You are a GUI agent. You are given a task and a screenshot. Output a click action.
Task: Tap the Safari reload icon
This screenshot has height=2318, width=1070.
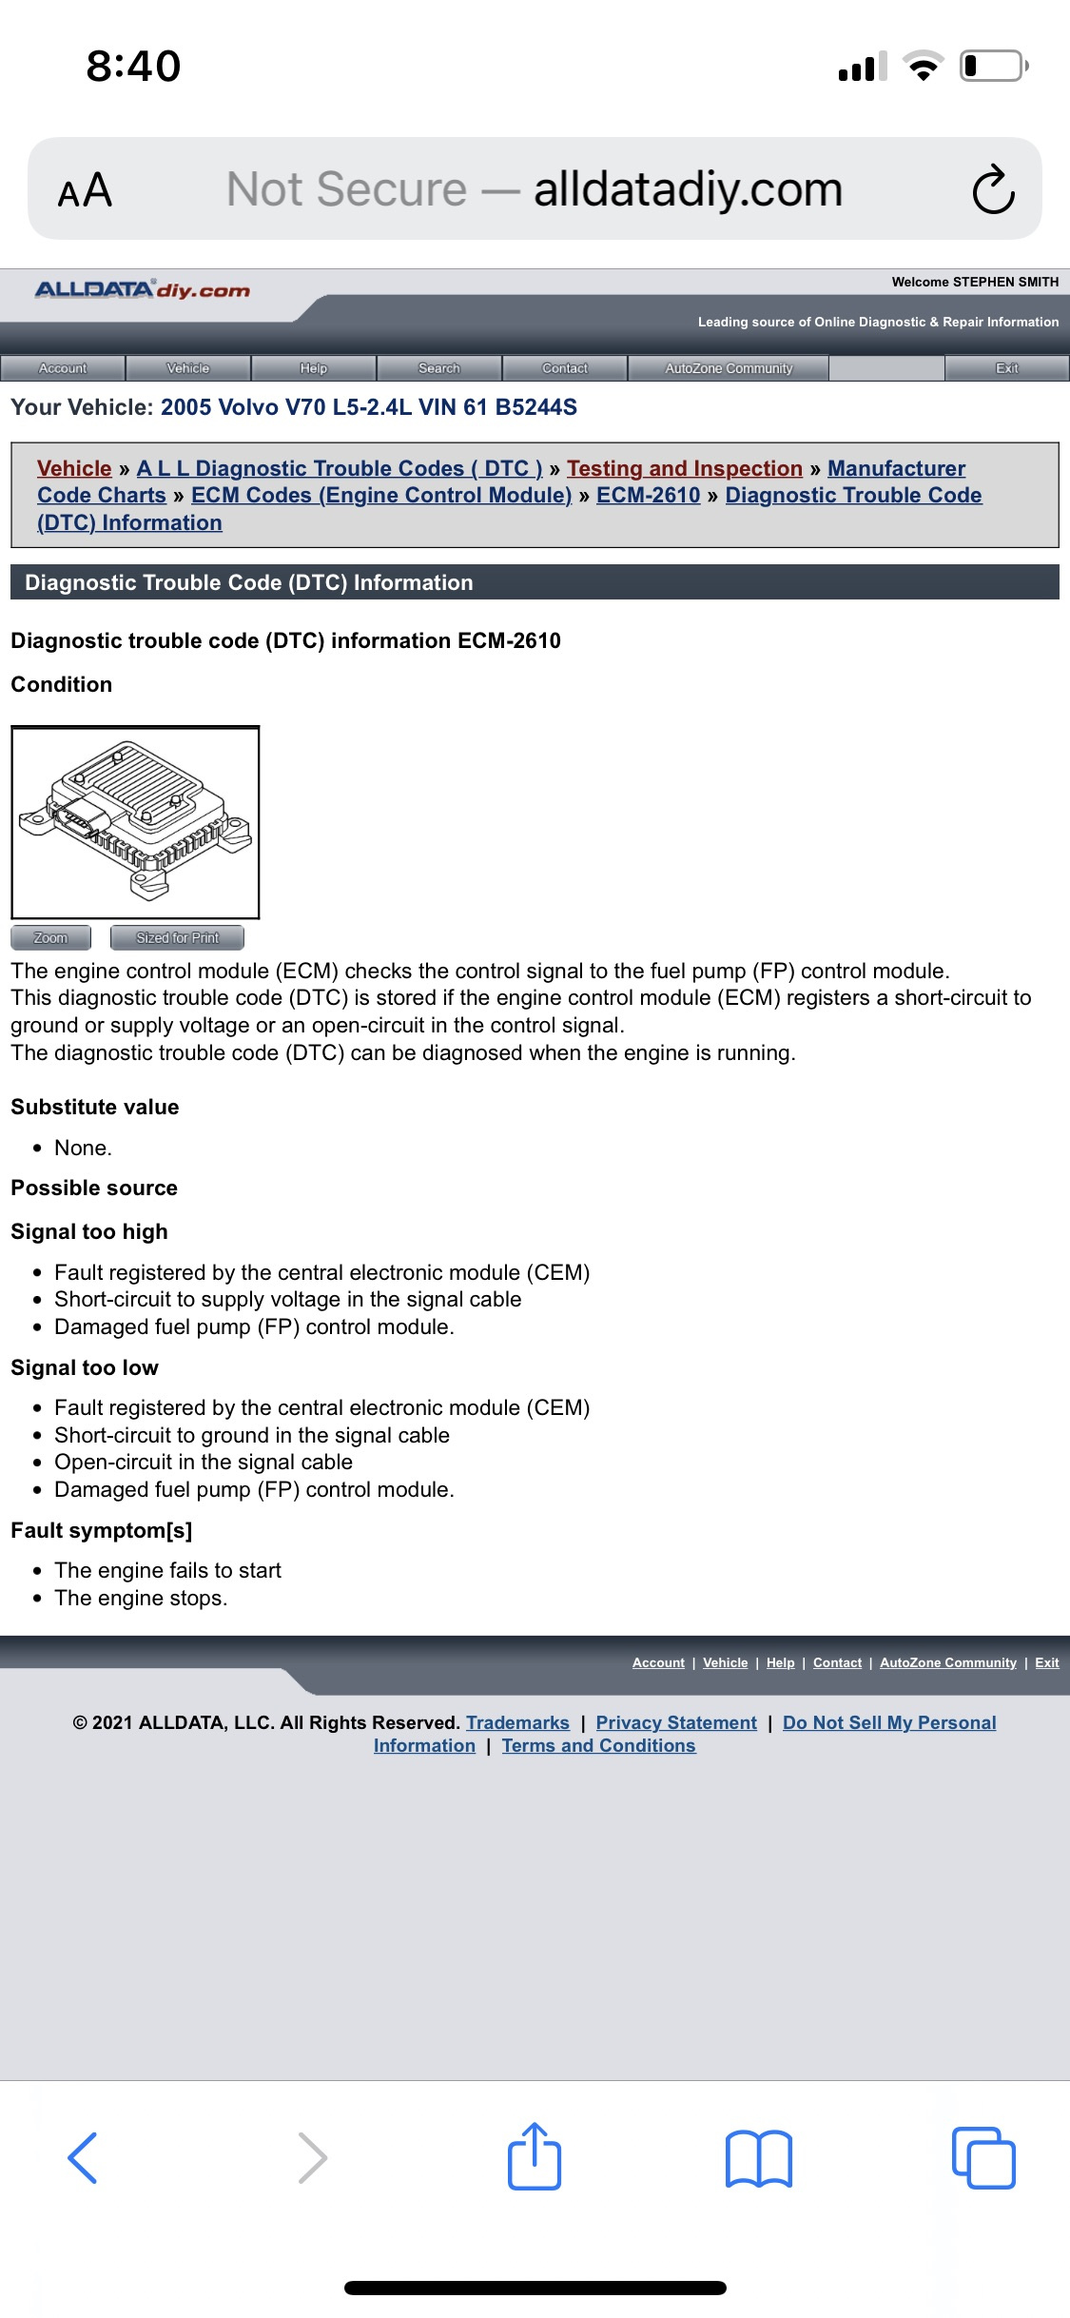click(993, 189)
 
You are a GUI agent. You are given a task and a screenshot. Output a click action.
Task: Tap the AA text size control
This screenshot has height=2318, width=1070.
click(85, 190)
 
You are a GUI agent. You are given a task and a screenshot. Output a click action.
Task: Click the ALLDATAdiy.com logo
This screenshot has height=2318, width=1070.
click(143, 290)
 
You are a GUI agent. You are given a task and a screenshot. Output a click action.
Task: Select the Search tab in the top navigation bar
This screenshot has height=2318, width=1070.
click(438, 368)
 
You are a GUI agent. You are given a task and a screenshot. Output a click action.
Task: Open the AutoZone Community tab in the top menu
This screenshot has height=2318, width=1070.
click(729, 368)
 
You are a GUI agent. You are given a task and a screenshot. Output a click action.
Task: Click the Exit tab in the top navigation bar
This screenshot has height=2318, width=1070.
click(1006, 368)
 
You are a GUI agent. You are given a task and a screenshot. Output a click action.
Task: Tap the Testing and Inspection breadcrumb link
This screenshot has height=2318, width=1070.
click(685, 468)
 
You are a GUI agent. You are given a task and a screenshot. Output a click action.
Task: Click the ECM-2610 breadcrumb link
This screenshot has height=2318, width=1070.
click(648, 495)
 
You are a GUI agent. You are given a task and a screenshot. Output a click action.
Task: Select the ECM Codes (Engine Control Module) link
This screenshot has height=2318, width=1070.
click(381, 495)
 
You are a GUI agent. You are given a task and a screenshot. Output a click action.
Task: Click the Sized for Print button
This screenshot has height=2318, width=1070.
click(177, 937)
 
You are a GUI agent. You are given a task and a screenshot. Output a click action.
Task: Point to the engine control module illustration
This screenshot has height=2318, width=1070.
click(135, 821)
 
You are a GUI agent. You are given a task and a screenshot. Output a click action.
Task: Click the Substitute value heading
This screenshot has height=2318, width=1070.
click(95, 1107)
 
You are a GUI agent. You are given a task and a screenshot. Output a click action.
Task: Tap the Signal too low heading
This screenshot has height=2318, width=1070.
click(85, 1367)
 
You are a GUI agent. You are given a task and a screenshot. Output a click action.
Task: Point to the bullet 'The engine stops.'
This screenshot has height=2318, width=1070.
click(141, 1598)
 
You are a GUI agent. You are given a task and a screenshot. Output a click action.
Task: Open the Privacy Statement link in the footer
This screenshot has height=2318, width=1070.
click(676, 1722)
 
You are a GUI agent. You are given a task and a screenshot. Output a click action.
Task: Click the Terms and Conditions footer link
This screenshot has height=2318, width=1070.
click(598, 1745)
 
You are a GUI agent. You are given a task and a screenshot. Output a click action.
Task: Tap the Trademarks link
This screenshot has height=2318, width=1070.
click(517, 1722)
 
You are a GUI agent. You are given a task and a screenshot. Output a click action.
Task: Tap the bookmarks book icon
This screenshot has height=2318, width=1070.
click(758, 2158)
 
